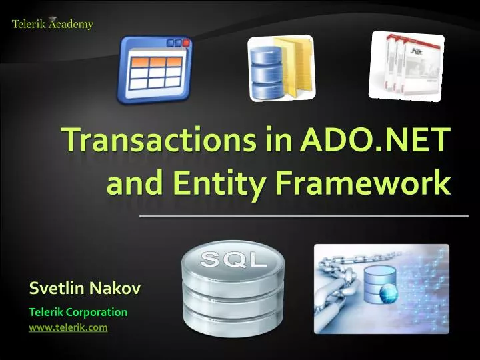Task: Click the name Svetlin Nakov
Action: coord(85,289)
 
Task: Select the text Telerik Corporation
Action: coord(78,311)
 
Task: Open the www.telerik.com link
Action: coord(68,327)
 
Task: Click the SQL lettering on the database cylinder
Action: coord(233,261)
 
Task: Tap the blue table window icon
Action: coord(155,70)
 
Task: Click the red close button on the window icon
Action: coord(187,43)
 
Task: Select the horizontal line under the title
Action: coord(303,217)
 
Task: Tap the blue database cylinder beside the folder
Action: coord(265,70)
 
